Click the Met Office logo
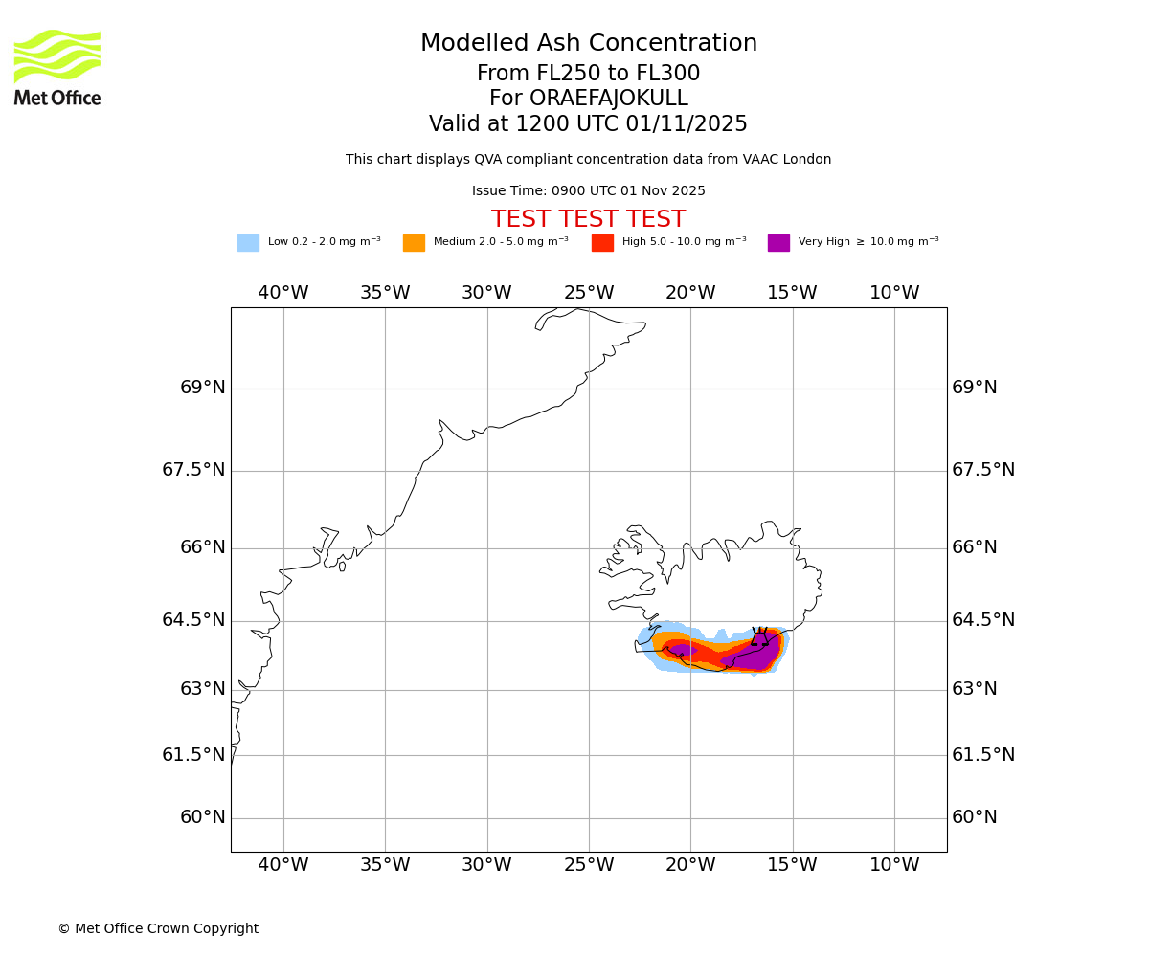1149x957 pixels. [x=57, y=67]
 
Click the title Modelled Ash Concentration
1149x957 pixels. [x=589, y=44]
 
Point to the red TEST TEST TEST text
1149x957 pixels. [x=588, y=220]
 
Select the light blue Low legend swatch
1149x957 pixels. [x=248, y=243]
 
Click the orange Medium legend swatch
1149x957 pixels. [x=414, y=243]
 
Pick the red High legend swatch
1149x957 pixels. [x=602, y=243]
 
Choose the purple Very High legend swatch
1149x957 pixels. [x=778, y=243]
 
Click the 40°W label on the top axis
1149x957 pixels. [x=283, y=293]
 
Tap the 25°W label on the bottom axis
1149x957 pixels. [x=589, y=866]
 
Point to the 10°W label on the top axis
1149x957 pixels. [x=894, y=293]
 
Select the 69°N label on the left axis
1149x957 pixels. [x=203, y=388]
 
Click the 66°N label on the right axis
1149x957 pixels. [x=975, y=547]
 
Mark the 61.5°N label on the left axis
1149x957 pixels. [x=193, y=755]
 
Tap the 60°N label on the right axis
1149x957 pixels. [x=975, y=817]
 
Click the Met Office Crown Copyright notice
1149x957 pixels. [x=158, y=929]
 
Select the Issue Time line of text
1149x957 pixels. [x=588, y=191]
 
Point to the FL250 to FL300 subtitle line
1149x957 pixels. [x=588, y=74]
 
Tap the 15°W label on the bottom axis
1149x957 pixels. [x=793, y=866]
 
